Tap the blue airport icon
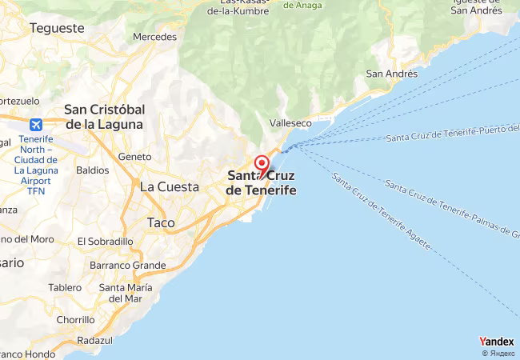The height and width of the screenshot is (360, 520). pyautogui.click(x=36, y=125)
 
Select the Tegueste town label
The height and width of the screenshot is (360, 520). pyautogui.click(x=57, y=28)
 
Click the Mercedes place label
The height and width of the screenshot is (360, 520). pyautogui.click(x=154, y=37)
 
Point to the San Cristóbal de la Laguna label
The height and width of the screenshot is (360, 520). pyautogui.click(x=104, y=117)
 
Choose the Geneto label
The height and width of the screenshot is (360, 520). pyautogui.click(x=134, y=157)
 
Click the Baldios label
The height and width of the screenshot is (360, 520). pyautogui.click(x=92, y=170)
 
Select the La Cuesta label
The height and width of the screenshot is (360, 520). pyautogui.click(x=169, y=186)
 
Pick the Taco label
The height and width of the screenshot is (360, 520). pyautogui.click(x=161, y=222)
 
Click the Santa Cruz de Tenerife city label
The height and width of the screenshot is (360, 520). pyautogui.click(x=261, y=183)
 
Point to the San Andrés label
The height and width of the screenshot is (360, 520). pyautogui.click(x=391, y=74)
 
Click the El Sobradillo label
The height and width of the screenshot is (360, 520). pyautogui.click(x=105, y=241)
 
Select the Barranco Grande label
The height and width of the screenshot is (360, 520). pyautogui.click(x=128, y=266)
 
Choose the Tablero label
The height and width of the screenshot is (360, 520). pyautogui.click(x=65, y=287)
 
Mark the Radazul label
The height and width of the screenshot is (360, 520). pyautogui.click(x=95, y=340)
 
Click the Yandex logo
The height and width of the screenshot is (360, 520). pyautogui.click(x=497, y=342)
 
